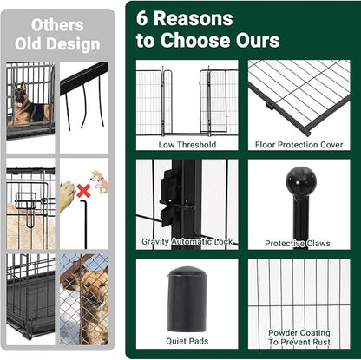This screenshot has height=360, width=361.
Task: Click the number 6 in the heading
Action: click(144, 18)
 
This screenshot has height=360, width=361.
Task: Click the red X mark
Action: click(83, 190)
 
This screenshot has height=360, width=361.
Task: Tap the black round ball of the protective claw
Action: click(300, 181)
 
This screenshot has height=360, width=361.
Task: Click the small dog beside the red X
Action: click(99, 180)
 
